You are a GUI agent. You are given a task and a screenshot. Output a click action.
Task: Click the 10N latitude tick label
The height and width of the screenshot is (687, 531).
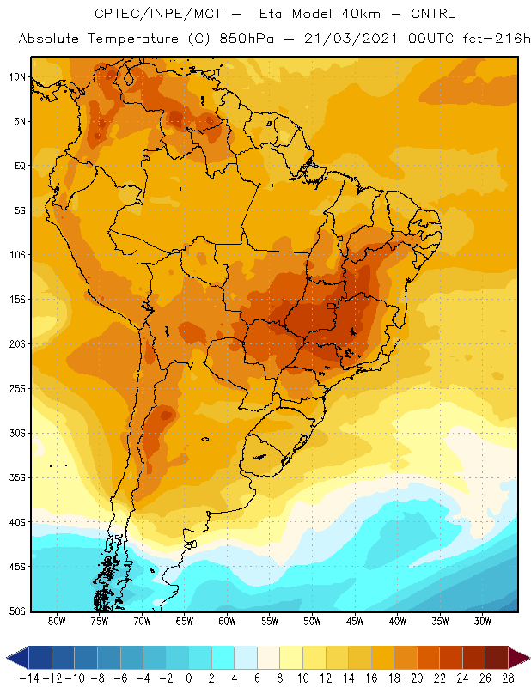[x=17, y=77]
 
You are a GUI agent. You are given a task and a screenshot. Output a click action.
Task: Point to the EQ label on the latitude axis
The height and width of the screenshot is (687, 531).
[x=21, y=166]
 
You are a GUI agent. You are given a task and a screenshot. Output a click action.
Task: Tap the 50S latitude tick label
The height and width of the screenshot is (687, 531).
[x=17, y=611]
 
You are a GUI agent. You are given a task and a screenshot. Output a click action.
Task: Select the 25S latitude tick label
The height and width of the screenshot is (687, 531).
[x=17, y=389]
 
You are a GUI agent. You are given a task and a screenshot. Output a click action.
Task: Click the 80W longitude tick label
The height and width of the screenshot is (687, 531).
[x=57, y=621]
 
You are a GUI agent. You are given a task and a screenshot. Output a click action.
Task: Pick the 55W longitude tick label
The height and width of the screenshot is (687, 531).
[x=270, y=621]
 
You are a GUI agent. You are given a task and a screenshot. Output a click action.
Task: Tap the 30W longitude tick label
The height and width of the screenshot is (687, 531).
[x=483, y=621]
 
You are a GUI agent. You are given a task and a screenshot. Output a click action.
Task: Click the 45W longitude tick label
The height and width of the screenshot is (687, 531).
[x=355, y=621]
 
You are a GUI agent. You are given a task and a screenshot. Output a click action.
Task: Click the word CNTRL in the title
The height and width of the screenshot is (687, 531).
[x=433, y=14]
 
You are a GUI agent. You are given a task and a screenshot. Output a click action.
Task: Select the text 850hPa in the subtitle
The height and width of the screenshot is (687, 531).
[x=247, y=39]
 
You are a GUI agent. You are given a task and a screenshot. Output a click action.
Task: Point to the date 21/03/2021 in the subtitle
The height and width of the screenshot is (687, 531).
[x=351, y=39]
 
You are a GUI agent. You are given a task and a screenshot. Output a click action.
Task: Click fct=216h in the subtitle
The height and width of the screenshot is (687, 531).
[x=497, y=39]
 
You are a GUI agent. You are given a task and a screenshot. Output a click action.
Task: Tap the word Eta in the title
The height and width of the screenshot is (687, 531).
[x=270, y=14]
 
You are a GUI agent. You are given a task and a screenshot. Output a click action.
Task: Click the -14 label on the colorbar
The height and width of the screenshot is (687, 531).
[x=29, y=678]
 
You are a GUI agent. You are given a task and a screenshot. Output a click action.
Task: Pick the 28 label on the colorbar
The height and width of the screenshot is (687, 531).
[x=508, y=678]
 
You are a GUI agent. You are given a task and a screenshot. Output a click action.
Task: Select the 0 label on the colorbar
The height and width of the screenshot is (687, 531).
[x=188, y=678]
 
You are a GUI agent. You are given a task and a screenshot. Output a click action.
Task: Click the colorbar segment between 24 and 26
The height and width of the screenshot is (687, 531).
[x=473, y=658]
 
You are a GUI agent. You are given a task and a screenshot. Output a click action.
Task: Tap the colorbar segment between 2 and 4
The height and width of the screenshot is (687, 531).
[x=223, y=658]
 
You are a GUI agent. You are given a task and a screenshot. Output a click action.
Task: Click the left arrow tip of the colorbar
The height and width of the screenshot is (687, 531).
[x=7, y=658]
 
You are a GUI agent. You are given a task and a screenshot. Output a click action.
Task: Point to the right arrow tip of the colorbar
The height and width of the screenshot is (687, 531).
[x=529, y=658]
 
